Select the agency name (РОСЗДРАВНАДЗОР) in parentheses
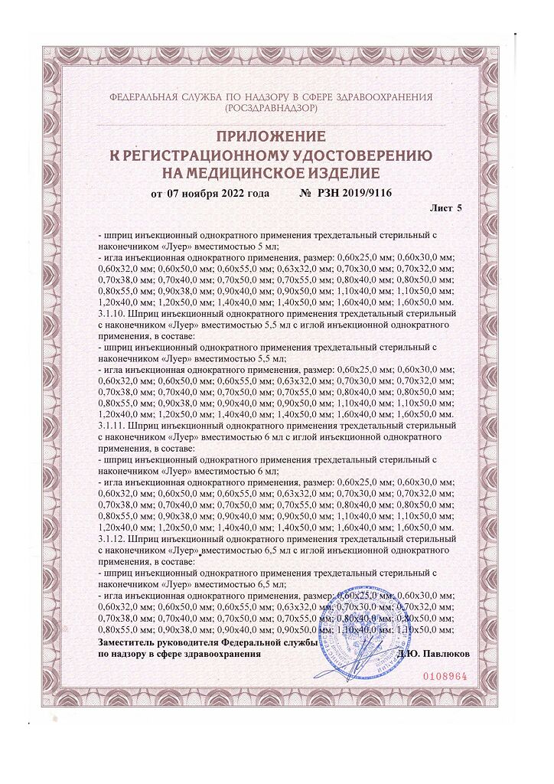coord(272,109)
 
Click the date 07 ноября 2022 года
coord(217,193)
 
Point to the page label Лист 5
coord(447,207)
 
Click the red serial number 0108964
coord(445,677)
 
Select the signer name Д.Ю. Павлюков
coord(435,655)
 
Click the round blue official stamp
coord(360,628)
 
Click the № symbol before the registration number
coord(305,193)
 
